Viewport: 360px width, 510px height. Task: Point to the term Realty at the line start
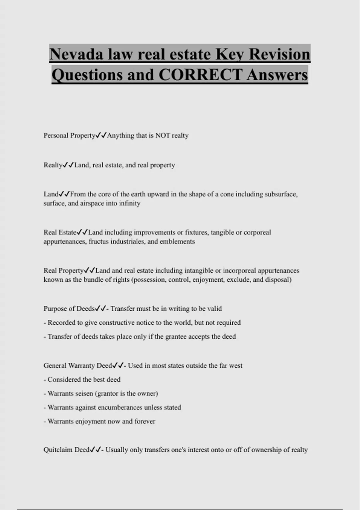click(x=53, y=165)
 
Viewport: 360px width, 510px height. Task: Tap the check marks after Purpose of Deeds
click(x=100, y=309)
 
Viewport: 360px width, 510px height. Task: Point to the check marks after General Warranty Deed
click(x=118, y=366)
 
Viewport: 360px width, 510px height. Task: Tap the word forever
click(x=145, y=421)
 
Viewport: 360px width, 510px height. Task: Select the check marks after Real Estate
click(x=82, y=232)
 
